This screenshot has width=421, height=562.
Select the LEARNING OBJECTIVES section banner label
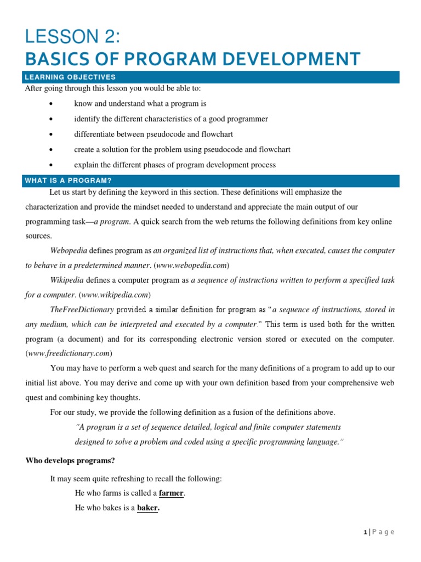click(x=70, y=77)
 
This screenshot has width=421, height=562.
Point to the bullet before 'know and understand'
click(x=50, y=104)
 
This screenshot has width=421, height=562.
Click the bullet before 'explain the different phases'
click(x=50, y=165)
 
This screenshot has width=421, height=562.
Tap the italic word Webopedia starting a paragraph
click(x=69, y=250)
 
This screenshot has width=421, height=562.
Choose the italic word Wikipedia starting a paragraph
click(x=68, y=280)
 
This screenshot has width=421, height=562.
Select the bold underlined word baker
click(x=147, y=508)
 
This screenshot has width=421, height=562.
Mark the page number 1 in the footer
click(x=365, y=532)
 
